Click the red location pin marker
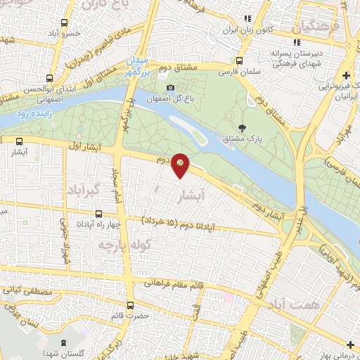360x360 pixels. [181, 164]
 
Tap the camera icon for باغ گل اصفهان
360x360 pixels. [169, 89]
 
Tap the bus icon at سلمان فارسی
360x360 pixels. [240, 60]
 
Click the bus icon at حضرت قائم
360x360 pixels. [130, 305]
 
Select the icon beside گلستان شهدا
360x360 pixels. [63, 343]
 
